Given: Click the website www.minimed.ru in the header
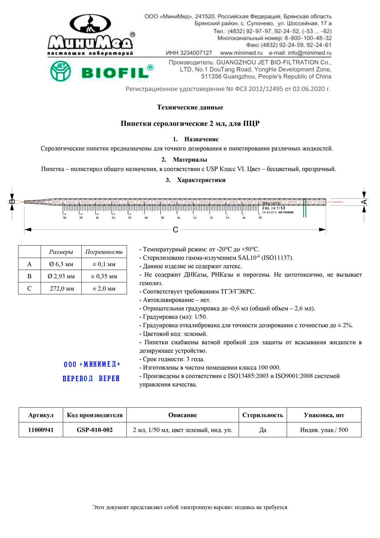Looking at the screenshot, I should pos(241,53).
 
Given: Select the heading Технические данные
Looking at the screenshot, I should pos(190,107).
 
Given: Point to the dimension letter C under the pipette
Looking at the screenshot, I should pos(175,230).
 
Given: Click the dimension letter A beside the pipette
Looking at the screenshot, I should pos(364,202).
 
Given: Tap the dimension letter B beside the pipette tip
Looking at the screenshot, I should pos(12,202).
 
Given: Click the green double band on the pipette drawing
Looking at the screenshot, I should pos(305,208).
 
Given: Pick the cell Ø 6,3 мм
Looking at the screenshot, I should pos(61,264).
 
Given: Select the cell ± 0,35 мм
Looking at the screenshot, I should pos(104,276).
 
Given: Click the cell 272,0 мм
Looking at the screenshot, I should pos(62,288).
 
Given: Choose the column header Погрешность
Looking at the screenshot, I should pos(104,252).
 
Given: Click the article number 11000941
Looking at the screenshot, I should pos(41,430).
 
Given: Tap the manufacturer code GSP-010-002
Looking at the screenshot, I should pos(95,430).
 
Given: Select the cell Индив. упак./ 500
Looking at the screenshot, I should pos(324,430).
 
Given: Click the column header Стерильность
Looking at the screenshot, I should pos(263,415).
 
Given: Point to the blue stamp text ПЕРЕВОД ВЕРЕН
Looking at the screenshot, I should pos(91,379).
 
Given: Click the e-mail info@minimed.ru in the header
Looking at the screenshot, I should pos(300,53).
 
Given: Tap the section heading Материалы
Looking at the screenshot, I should pos(190,160).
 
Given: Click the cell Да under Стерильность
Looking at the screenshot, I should pos(263,430).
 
